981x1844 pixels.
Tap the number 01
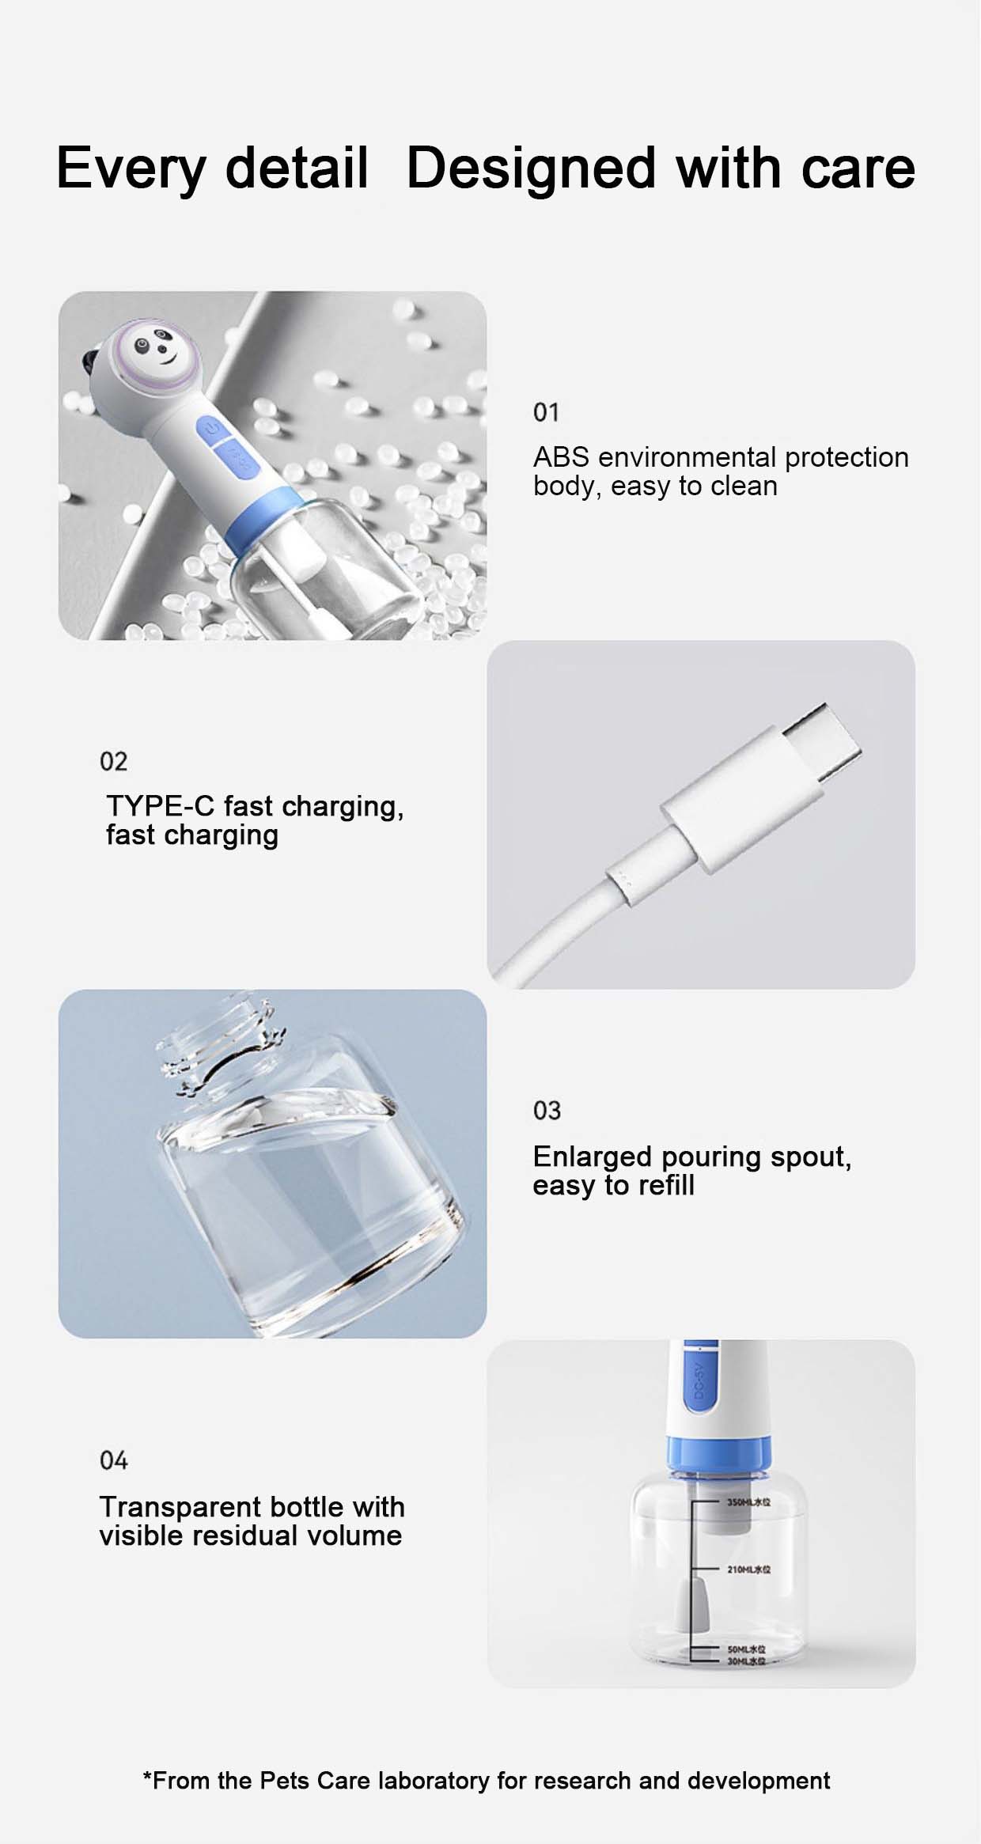pos(546,412)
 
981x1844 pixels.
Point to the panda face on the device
pos(153,350)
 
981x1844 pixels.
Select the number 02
pos(113,761)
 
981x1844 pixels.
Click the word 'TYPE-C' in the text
pos(160,806)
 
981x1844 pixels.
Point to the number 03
pos(547,1111)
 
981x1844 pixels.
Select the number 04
pos(113,1460)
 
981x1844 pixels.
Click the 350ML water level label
pos(748,1501)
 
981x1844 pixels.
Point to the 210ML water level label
pos(748,1569)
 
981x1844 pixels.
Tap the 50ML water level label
pos(745,1649)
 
